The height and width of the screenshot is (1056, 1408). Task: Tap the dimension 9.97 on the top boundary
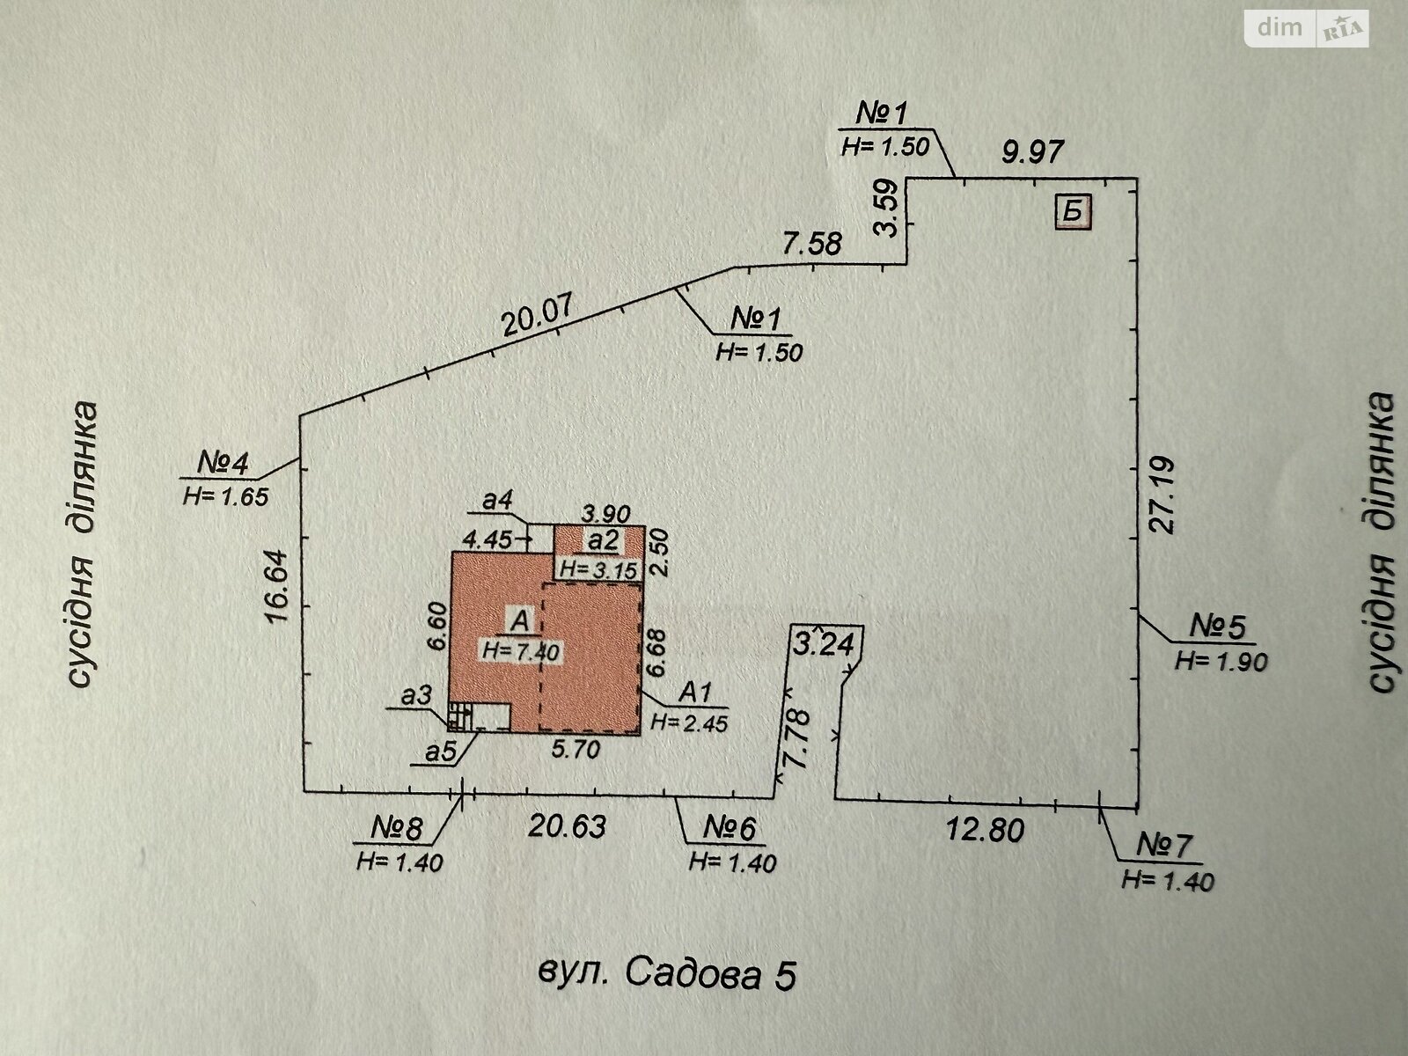tap(1033, 151)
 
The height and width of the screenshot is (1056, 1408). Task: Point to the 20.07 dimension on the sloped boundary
tap(538, 318)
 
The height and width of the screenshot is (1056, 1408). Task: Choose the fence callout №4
tap(223, 463)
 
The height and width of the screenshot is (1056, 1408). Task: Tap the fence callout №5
tap(1220, 627)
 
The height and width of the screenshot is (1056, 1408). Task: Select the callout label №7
tap(1166, 847)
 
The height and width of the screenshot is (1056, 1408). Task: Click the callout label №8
tap(398, 829)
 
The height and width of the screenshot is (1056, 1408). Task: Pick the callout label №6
tap(730, 829)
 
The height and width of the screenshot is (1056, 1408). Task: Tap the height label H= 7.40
tap(520, 651)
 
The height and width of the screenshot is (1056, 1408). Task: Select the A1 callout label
tap(696, 693)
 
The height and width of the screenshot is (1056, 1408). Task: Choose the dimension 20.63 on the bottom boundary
tap(567, 827)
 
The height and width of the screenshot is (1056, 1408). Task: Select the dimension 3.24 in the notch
tap(825, 645)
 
